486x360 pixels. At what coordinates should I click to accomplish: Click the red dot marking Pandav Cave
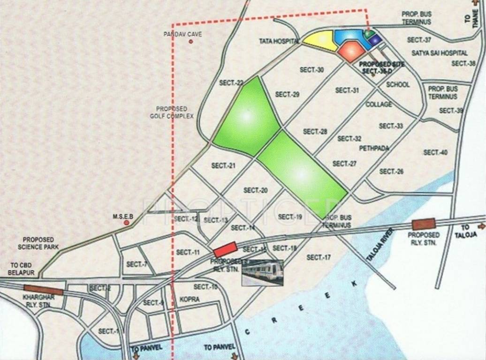(x=191, y=42)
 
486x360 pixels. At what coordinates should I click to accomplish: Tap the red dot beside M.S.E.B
(x=126, y=223)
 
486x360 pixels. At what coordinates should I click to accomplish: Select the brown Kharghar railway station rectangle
(x=43, y=290)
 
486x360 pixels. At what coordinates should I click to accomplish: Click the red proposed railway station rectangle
(x=225, y=248)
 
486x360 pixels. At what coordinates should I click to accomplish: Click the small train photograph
(x=262, y=272)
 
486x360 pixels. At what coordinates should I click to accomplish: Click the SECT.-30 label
(x=312, y=70)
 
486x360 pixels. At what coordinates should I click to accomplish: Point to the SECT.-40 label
(x=435, y=152)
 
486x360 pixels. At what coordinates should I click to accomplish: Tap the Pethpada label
(x=374, y=148)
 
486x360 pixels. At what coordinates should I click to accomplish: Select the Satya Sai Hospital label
(x=440, y=53)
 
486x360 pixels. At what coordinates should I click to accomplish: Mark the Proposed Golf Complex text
(x=172, y=112)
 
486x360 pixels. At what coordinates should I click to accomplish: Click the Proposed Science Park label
(x=38, y=243)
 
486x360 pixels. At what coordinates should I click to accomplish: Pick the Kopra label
(x=190, y=299)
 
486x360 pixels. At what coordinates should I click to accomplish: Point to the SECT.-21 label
(x=223, y=165)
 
